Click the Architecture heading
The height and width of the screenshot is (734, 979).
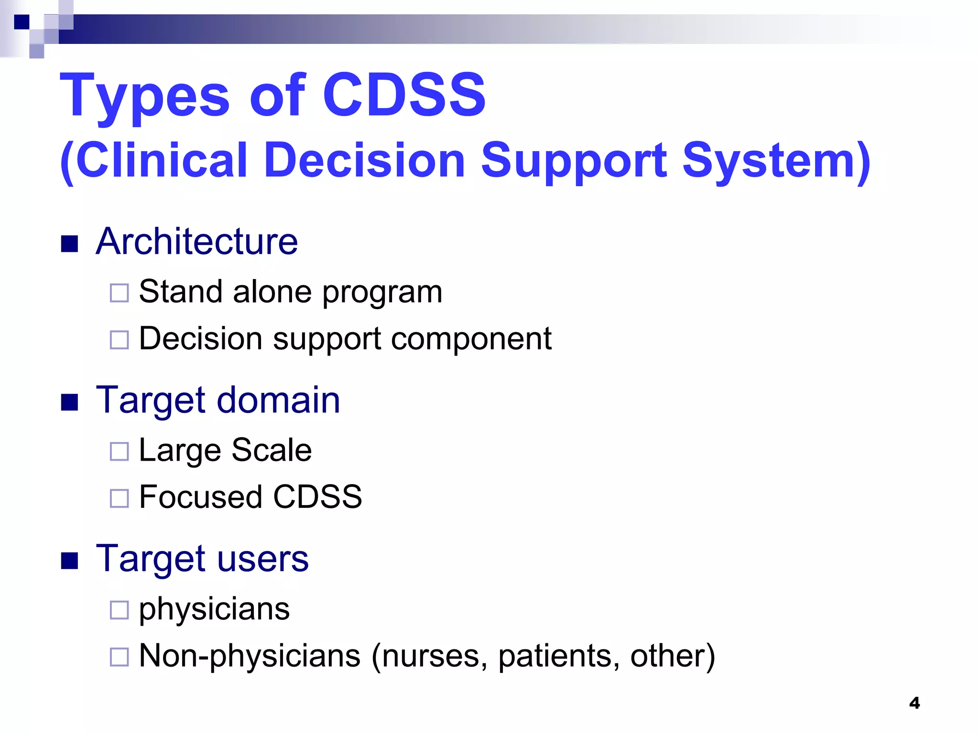(196, 241)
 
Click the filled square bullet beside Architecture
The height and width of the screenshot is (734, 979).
(70, 244)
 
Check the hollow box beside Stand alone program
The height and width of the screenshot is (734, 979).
(119, 293)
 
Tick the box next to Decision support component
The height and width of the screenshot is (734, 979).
(119, 340)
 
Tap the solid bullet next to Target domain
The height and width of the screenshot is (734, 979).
(70, 402)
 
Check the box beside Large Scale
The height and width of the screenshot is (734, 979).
(119, 451)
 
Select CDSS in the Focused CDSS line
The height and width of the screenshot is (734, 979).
(317, 497)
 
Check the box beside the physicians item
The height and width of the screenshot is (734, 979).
(119, 610)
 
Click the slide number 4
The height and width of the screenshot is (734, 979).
(914, 703)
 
